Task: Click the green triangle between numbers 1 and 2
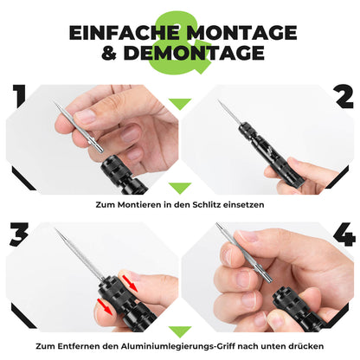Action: click(x=180, y=104)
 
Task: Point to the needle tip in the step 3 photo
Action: click(x=56, y=232)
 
